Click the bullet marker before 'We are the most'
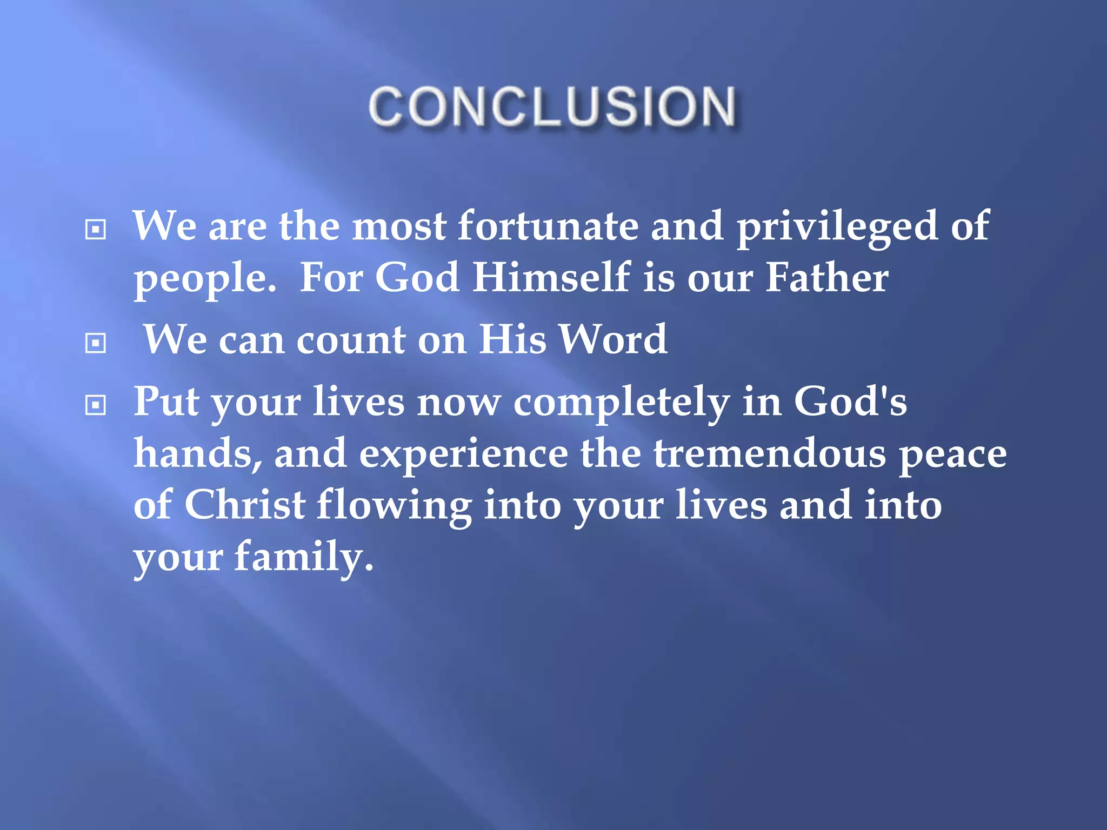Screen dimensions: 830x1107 click(96, 230)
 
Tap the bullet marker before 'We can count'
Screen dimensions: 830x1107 click(96, 343)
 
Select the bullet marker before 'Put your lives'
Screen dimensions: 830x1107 click(96, 405)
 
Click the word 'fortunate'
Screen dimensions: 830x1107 click(548, 226)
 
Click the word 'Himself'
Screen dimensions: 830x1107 click(551, 278)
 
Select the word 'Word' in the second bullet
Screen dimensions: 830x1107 click(613, 339)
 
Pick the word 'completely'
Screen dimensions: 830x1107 click(621, 403)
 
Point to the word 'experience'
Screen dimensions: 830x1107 click(463, 454)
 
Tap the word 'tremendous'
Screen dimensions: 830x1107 click(770, 453)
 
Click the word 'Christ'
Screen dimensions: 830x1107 click(245, 505)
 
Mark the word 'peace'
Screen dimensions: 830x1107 click(952, 454)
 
